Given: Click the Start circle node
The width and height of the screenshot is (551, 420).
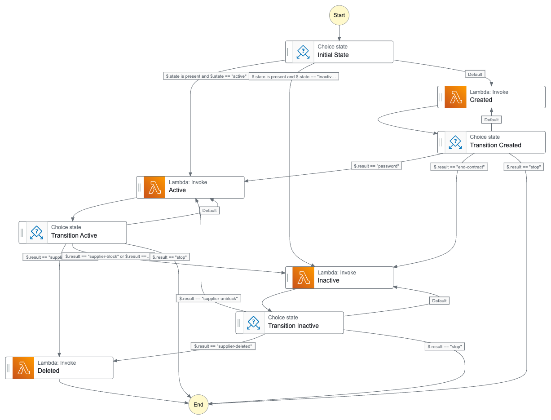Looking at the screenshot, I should point(339,15).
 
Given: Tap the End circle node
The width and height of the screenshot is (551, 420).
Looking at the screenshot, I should point(198,404).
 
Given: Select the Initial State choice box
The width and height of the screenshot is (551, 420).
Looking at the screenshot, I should point(339,52).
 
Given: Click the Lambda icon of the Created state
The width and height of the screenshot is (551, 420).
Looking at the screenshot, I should point(455,97).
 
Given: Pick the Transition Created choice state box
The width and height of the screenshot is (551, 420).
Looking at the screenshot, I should point(491,142).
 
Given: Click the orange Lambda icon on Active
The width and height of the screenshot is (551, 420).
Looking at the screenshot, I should point(154,187).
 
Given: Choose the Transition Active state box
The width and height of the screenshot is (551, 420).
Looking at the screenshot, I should point(73,232).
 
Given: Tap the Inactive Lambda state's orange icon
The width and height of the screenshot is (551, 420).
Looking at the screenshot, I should point(303,278).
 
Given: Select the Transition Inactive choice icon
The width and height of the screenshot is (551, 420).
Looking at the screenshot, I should point(254,323).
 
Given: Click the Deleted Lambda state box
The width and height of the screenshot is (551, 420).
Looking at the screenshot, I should point(59,368).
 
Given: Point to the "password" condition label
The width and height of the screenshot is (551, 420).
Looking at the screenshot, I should point(376,166).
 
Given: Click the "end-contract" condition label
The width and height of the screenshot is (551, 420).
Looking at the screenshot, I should point(459,167).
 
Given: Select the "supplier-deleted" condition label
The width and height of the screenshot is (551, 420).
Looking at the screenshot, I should point(224,346).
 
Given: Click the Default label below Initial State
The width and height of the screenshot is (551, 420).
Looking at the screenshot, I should point(475,74).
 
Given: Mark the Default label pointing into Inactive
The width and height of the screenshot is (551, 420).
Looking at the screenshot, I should point(439,301).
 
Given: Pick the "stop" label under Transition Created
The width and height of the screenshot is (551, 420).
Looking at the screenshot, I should point(524,167).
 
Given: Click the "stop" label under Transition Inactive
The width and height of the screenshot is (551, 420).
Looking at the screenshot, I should point(445,346).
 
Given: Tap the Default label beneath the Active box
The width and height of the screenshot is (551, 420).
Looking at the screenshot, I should point(209,210).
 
